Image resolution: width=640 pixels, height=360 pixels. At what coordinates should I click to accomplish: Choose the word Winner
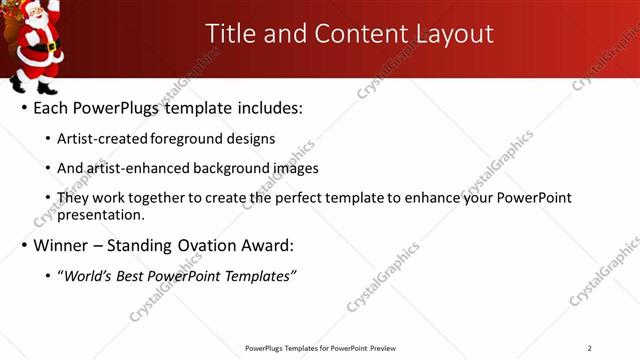coord(62,245)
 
